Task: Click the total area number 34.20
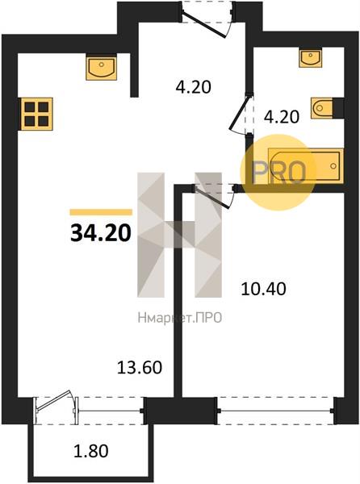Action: tap(101, 233)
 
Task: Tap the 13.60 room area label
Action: tap(140, 368)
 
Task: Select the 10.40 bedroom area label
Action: tap(263, 290)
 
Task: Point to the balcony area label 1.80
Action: tap(91, 451)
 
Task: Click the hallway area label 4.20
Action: tap(193, 87)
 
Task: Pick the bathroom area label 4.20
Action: tap(282, 117)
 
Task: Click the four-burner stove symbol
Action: tap(37, 114)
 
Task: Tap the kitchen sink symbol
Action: tap(101, 67)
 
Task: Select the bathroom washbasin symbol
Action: tap(310, 57)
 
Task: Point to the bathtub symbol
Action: tap(306, 166)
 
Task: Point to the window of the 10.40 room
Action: tap(275, 411)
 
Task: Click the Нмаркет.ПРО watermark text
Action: tap(180, 318)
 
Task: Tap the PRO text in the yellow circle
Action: tap(278, 173)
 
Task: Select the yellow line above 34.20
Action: tap(101, 212)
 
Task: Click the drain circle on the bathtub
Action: tap(333, 166)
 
